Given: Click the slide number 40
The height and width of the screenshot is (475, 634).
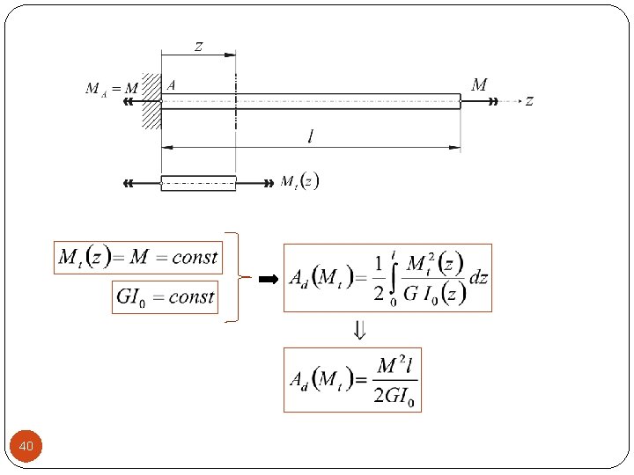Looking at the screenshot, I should coord(26,448).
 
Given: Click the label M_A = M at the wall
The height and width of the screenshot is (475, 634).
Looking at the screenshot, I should coord(111,88).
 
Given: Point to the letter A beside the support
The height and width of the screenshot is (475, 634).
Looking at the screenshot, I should coord(171,85).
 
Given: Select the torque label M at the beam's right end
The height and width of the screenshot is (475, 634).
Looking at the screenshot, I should coord(480,85).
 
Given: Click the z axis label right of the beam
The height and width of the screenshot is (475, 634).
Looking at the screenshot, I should coord(529,101).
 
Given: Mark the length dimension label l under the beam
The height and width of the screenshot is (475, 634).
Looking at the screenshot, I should coord(310,136).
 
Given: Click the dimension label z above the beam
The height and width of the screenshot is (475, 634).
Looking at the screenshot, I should coord(198,46).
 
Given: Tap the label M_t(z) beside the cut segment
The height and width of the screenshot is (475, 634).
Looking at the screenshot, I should coord(299,181).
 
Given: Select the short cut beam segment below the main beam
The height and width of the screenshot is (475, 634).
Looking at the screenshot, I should coord(198,183).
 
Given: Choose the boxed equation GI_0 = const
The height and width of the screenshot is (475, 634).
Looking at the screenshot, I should coord(165,296).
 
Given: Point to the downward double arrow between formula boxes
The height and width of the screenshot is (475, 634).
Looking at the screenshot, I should coord(359,331).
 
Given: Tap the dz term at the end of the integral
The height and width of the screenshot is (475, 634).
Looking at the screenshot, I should coord(478,278).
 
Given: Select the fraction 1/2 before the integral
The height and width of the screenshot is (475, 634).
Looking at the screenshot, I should coord(378,278).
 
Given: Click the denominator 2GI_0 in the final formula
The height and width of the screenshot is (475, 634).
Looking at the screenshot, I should coord(397,395).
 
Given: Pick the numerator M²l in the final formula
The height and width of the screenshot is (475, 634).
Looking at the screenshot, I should coord(397,365).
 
